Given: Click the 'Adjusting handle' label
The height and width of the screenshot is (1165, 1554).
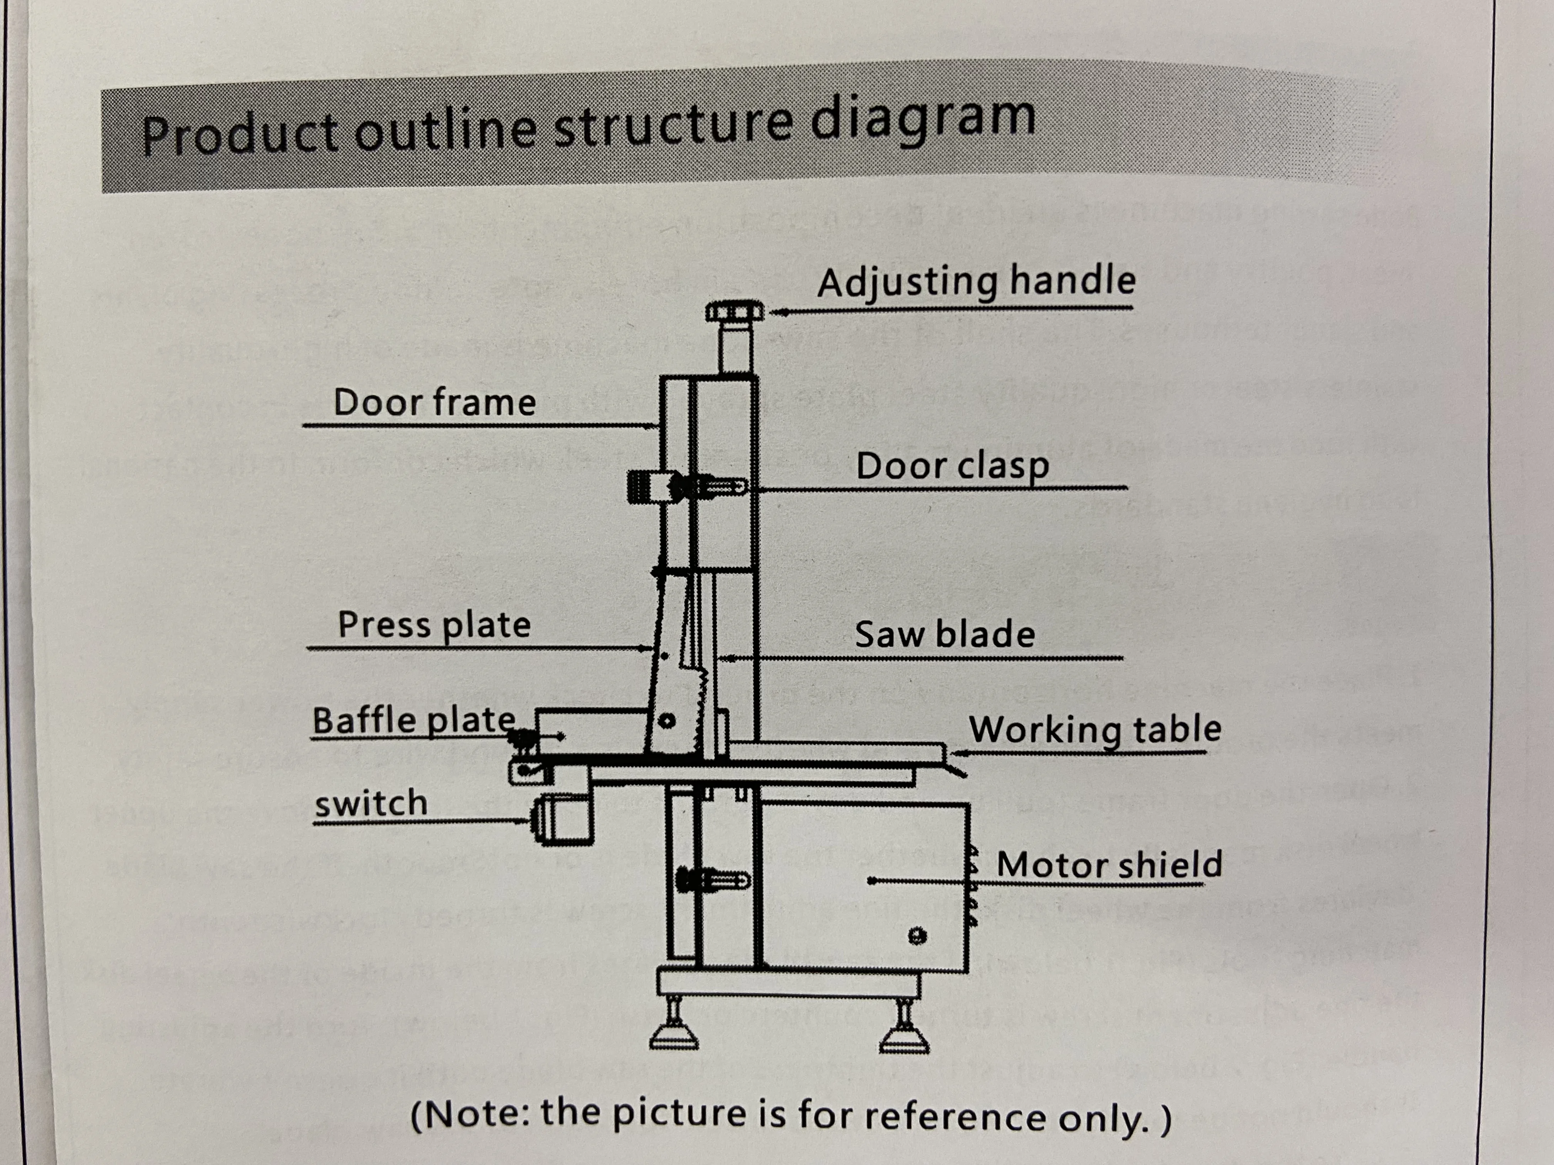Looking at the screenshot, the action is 977,282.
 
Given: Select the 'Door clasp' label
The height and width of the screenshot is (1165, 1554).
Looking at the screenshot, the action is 953,466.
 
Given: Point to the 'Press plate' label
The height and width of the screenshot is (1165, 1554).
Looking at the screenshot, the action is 434,625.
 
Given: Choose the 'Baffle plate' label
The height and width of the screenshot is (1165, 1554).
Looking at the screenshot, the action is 414,720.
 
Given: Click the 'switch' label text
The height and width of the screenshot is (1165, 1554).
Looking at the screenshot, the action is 371,802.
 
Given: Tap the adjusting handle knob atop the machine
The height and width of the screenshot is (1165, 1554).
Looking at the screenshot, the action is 734,311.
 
